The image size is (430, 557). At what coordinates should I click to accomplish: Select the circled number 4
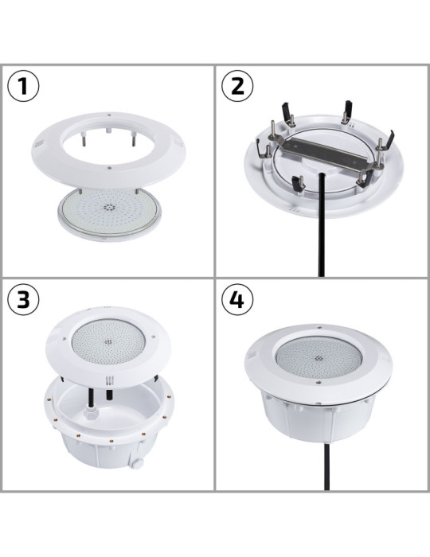pos(237,301)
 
